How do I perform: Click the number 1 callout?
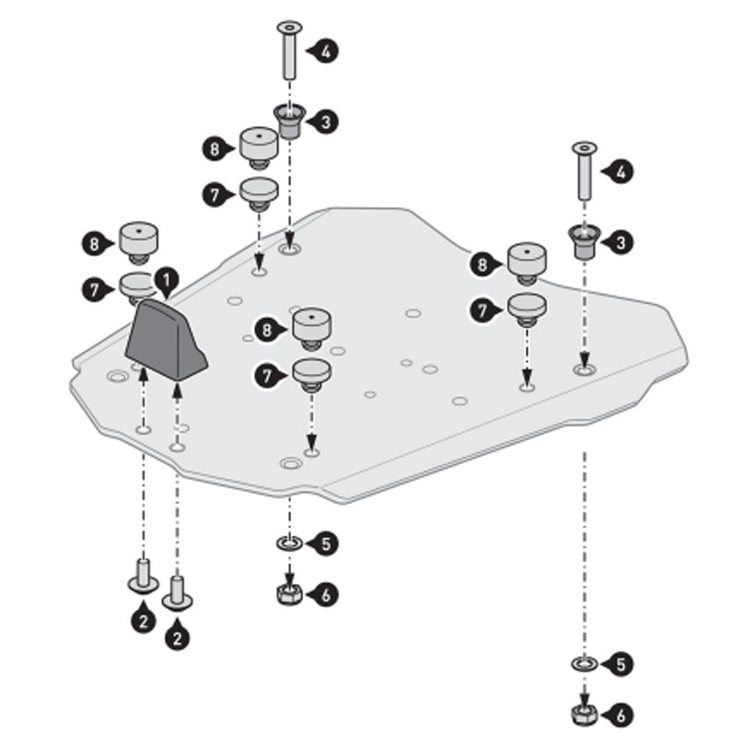166,281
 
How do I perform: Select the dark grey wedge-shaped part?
166,340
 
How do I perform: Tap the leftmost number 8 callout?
97,244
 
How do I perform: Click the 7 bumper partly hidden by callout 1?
136,287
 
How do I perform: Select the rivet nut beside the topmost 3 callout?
290,121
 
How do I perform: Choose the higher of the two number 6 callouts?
324,594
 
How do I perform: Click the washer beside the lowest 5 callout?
585,664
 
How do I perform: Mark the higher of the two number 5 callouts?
324,544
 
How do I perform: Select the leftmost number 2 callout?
144,619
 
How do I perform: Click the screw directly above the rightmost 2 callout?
177,592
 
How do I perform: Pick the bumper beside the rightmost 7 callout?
527,309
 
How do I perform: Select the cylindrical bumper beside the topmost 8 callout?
259,147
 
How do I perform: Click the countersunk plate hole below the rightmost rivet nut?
585,369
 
